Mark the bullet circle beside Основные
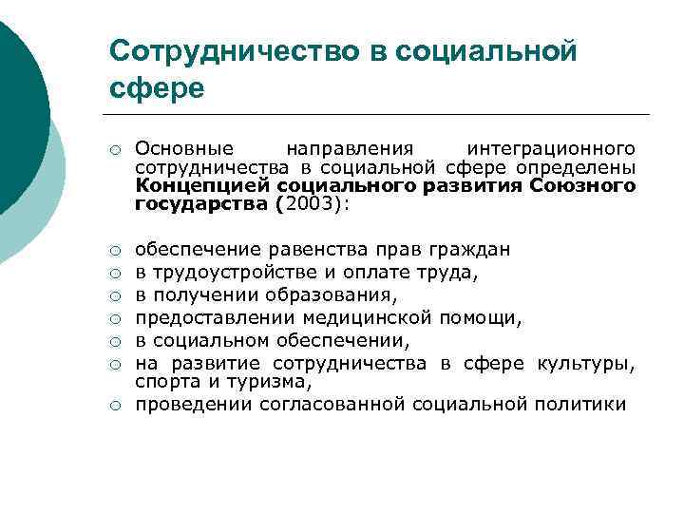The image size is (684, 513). (x=113, y=150)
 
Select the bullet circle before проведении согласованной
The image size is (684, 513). (x=113, y=406)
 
